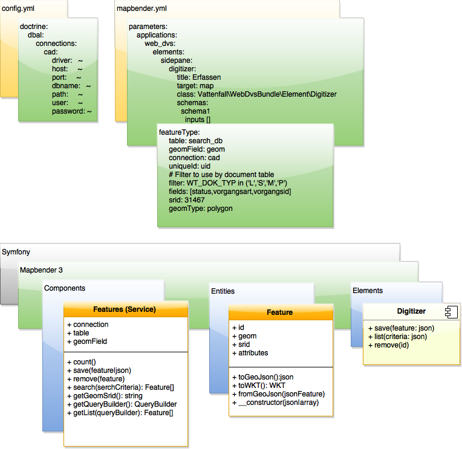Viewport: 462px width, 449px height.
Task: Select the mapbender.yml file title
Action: pyautogui.click(x=141, y=9)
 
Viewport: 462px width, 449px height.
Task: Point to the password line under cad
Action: pyautogui.click(x=71, y=112)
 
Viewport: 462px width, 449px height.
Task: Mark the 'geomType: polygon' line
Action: pyautogui.click(x=201, y=208)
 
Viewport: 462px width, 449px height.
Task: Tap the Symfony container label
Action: pyautogui.click(x=16, y=251)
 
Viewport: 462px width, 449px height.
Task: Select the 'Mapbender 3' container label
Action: pyautogui.click(x=41, y=270)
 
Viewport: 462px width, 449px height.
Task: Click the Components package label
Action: pyautogui.click(x=65, y=288)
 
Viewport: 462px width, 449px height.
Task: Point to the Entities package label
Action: pyautogui.click(x=223, y=291)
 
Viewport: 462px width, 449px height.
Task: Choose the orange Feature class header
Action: pyautogui.click(x=280, y=312)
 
